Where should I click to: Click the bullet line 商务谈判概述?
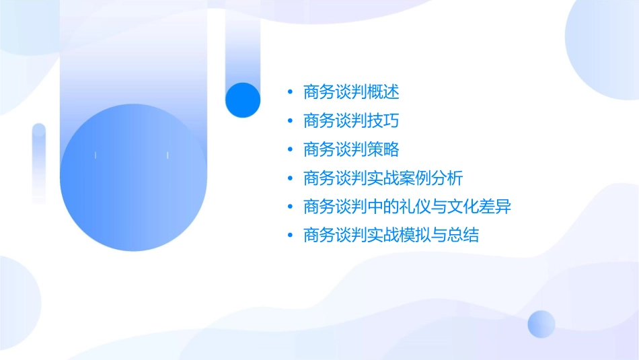[x=351, y=92]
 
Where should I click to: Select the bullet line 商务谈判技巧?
[x=351, y=120]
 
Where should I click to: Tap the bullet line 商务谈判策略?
[x=351, y=149]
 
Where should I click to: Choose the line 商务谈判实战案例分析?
[x=383, y=178]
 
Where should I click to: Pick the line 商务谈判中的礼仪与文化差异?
[x=408, y=207]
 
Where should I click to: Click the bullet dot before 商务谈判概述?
[x=290, y=92]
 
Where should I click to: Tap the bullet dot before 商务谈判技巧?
[x=290, y=121]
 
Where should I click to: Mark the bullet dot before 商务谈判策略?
[x=290, y=150]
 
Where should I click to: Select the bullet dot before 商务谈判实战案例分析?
[x=290, y=179]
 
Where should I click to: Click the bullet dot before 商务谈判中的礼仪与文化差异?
[x=290, y=207]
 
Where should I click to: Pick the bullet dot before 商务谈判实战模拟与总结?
[x=290, y=236]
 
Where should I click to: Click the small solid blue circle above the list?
[x=243, y=100]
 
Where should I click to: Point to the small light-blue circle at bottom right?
[x=541, y=324]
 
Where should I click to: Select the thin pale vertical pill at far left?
[x=39, y=162]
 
